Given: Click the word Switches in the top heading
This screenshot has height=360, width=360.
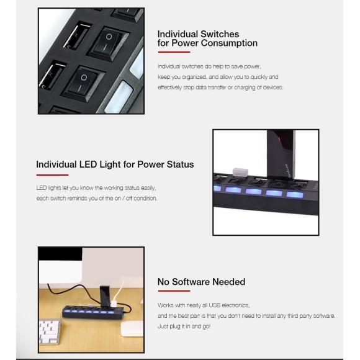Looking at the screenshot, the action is [x=220, y=34].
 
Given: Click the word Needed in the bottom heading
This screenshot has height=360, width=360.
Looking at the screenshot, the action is [x=228, y=282].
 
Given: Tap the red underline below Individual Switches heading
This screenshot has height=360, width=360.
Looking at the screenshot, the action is [x=174, y=52].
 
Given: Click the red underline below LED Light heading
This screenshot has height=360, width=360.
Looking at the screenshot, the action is [x=52, y=175].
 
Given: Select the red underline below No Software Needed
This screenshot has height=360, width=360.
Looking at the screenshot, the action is [x=174, y=291].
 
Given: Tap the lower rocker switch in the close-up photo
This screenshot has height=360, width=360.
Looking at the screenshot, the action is [x=83, y=84].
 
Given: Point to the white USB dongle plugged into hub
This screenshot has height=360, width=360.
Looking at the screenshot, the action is [x=240, y=172].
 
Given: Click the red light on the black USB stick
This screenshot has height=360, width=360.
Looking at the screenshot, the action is [x=279, y=139].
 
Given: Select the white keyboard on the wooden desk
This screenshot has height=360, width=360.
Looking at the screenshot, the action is [x=49, y=331].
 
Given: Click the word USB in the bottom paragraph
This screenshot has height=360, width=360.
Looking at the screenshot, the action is [x=214, y=305].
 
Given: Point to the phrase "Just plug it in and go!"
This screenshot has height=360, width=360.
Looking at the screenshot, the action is [x=184, y=326].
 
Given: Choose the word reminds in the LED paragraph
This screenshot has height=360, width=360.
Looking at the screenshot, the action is [x=78, y=198].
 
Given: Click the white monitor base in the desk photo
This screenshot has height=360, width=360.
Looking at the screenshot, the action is [x=132, y=329].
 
